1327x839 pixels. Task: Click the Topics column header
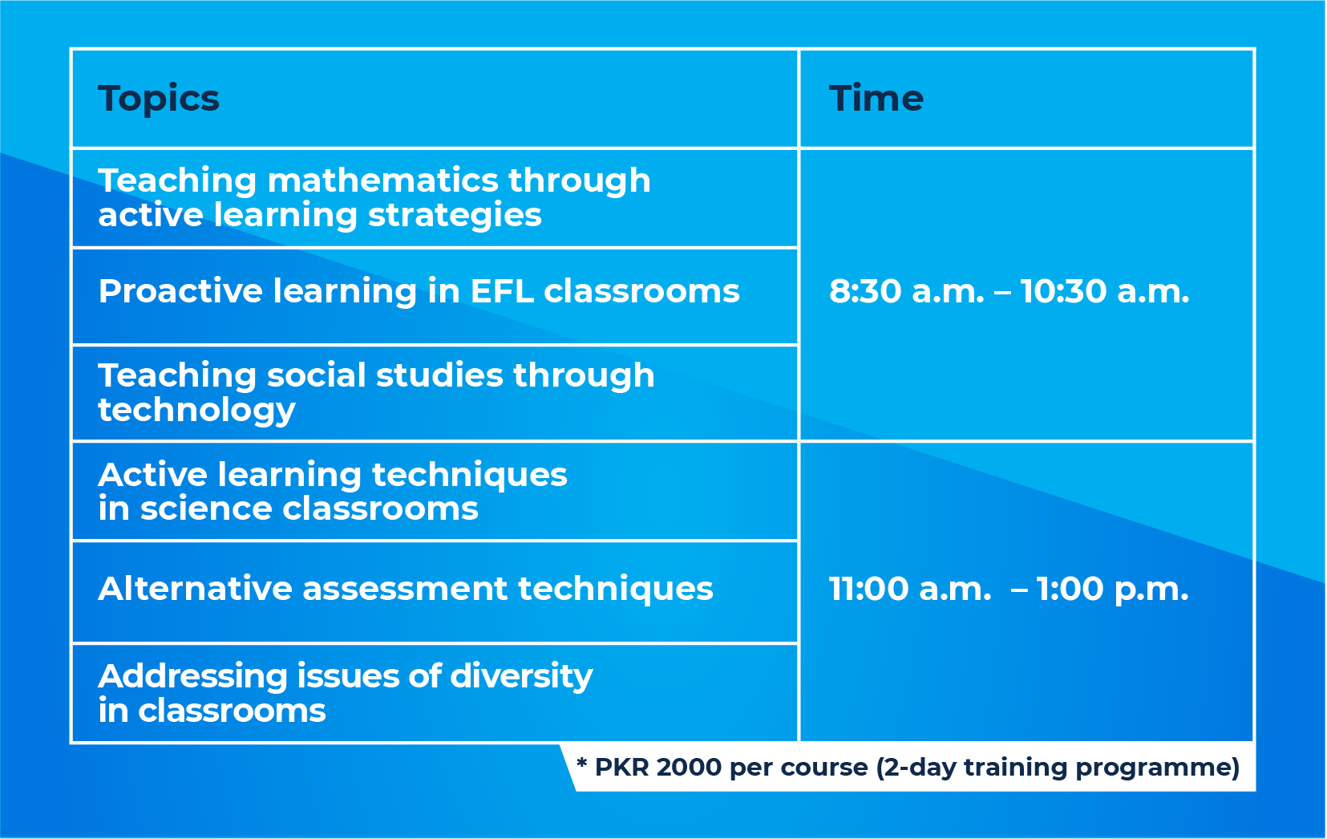(159, 99)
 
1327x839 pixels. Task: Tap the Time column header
(876, 99)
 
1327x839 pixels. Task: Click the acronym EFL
(502, 291)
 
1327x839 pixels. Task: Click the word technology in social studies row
(196, 411)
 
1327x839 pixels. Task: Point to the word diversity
(521, 676)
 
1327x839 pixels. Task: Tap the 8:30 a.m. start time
(906, 292)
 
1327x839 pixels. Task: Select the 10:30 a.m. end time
(1104, 292)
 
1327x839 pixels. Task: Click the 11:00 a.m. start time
(909, 590)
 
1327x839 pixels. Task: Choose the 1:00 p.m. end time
(1112, 590)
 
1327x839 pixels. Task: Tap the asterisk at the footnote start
(581, 763)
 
